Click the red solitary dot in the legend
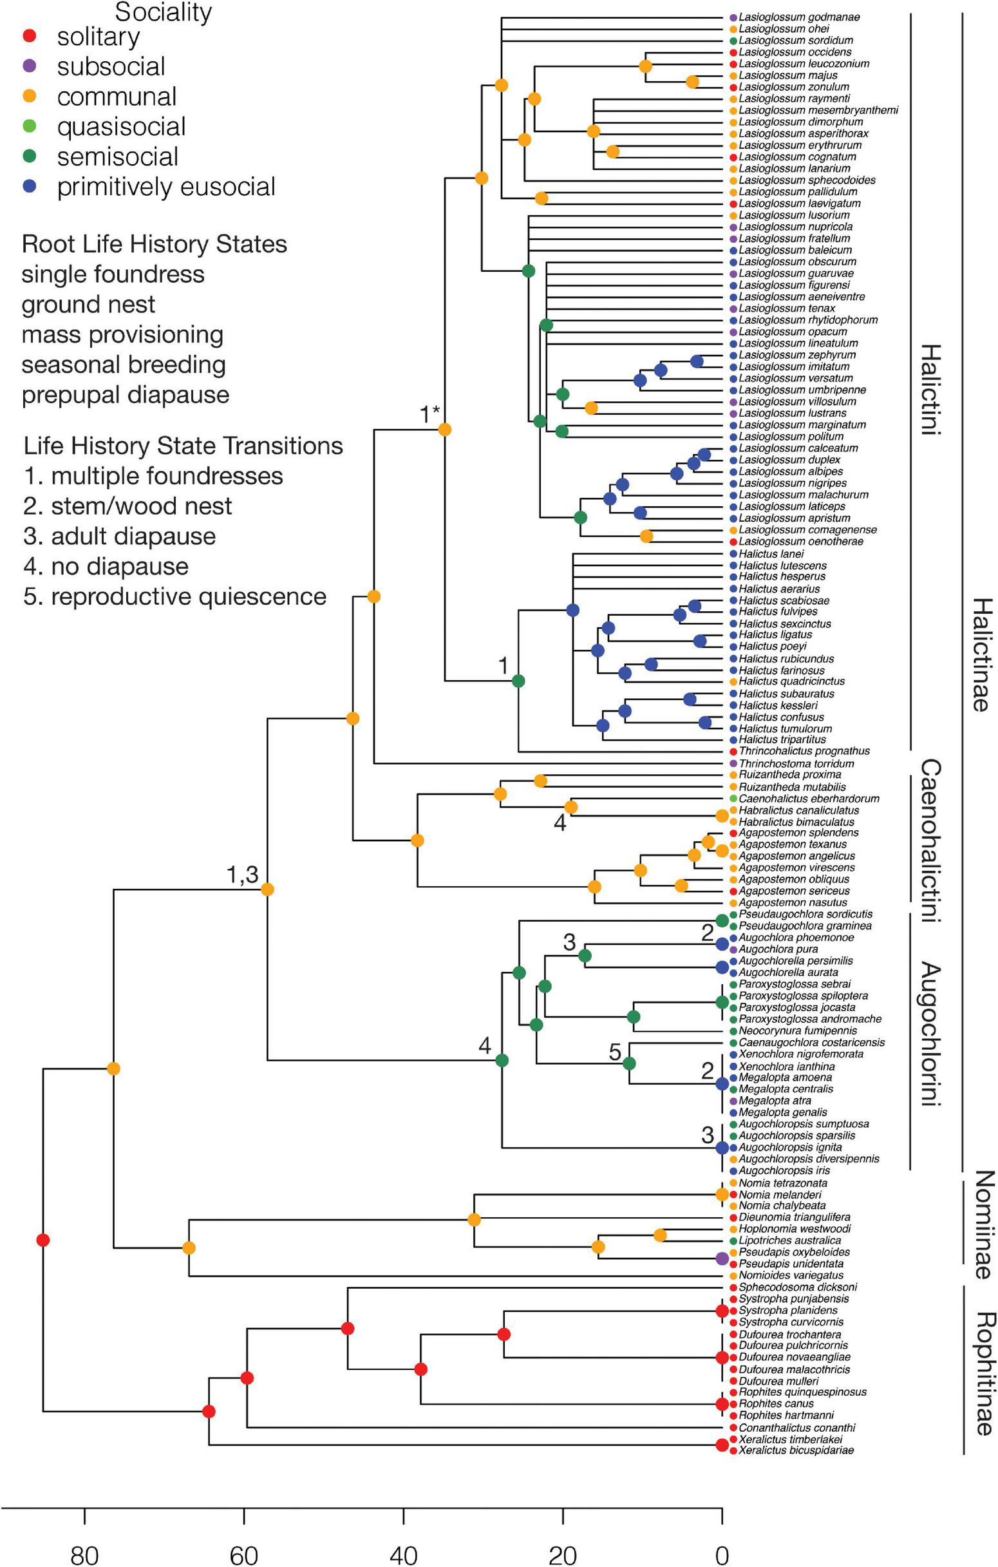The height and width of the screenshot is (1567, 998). tap(28, 37)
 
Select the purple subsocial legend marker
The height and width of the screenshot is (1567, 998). tap(28, 66)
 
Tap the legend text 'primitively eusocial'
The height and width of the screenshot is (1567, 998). tap(166, 187)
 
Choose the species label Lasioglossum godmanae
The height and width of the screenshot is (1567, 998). tap(799, 17)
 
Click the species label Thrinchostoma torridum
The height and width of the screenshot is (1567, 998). tap(796, 763)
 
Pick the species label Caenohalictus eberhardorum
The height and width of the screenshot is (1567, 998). tap(809, 799)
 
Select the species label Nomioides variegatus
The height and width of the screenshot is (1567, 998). tap(791, 1275)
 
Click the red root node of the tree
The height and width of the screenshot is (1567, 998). tap(43, 1240)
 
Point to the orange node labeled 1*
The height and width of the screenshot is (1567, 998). tap(445, 430)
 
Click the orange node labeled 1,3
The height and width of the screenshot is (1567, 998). tap(267, 889)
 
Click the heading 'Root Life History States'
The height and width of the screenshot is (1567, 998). tap(154, 244)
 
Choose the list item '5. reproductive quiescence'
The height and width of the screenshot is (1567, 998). tap(174, 597)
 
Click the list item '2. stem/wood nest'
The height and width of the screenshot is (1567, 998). tap(127, 506)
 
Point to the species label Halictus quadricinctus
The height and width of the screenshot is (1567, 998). tap(791, 681)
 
